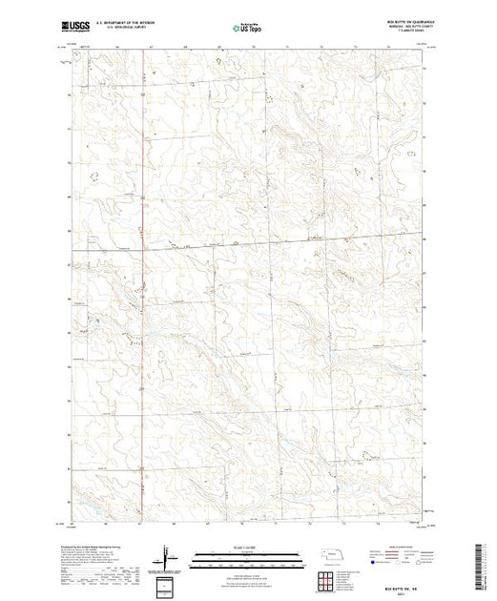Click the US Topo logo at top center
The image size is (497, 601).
249,29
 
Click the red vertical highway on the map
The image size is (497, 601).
141,286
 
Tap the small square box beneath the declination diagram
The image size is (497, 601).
168,583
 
